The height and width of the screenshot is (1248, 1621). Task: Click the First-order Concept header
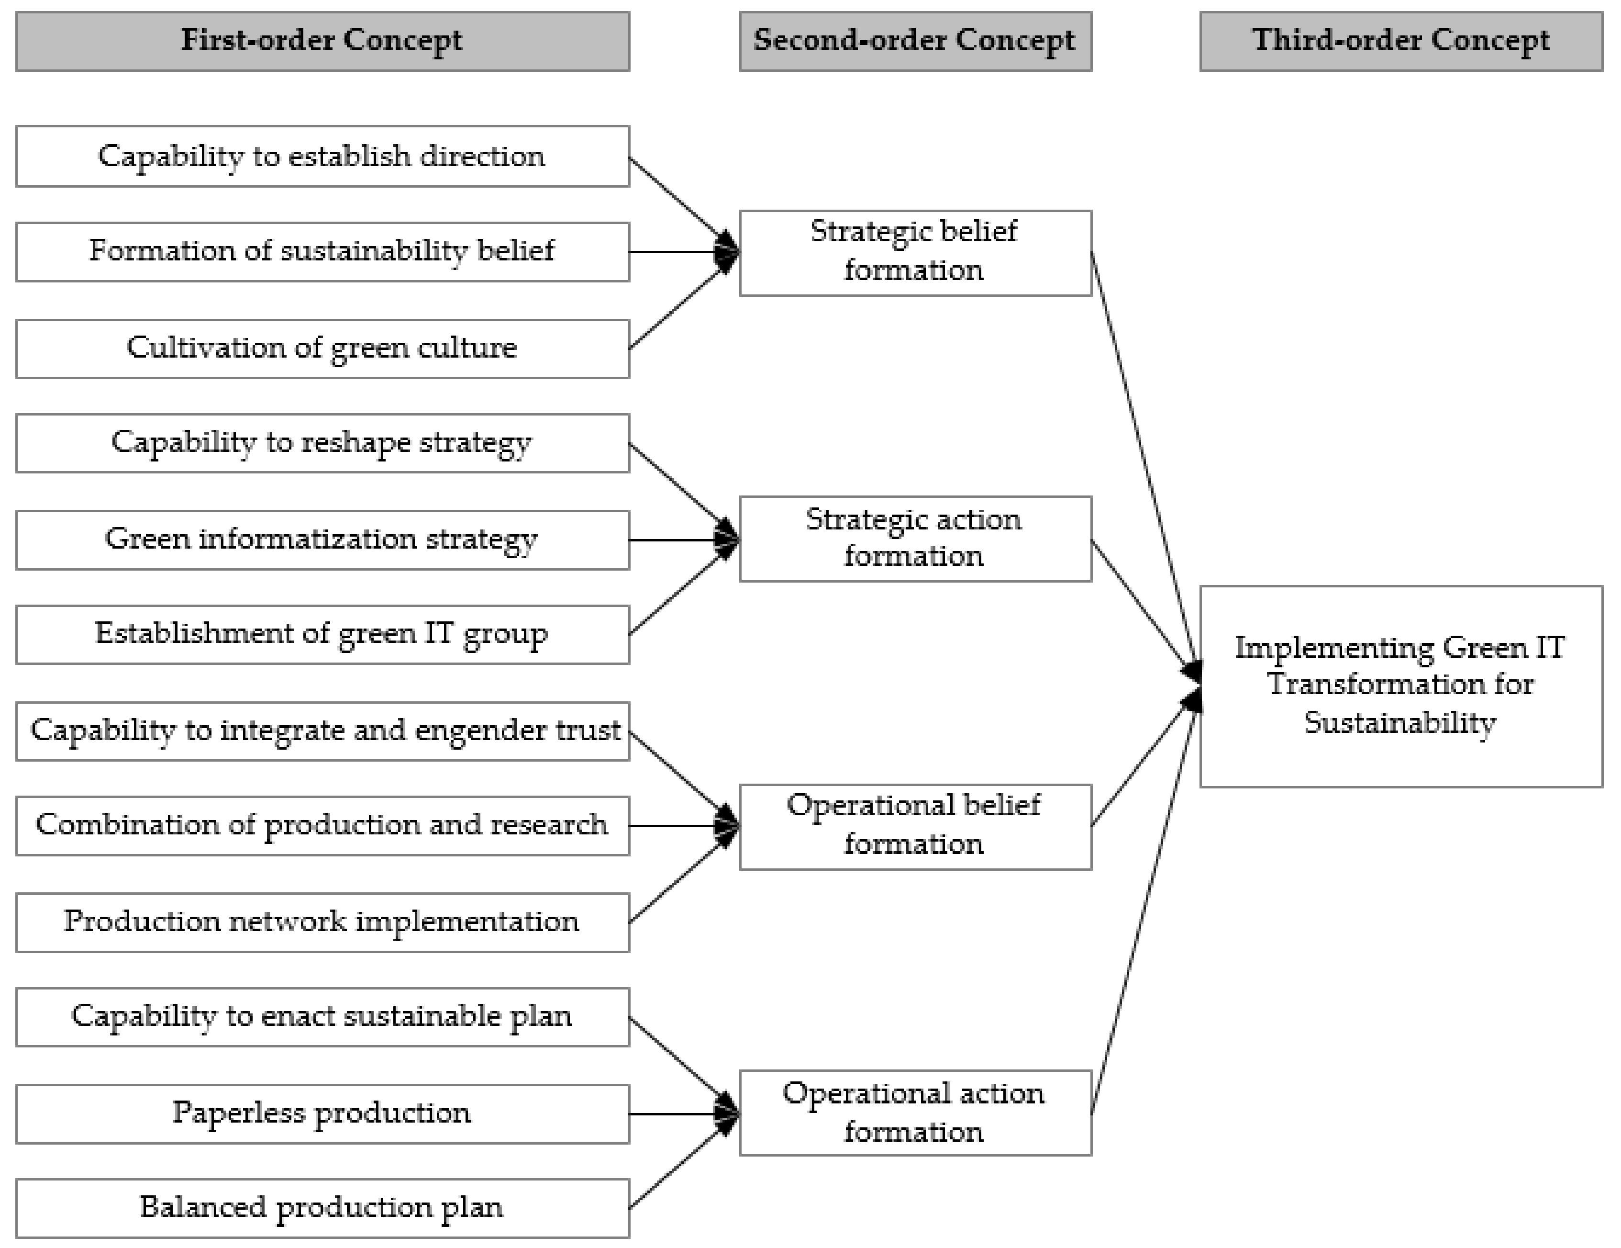(x=322, y=41)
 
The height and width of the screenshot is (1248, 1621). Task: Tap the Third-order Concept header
(x=1400, y=41)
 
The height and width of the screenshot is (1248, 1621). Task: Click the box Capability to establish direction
(x=322, y=156)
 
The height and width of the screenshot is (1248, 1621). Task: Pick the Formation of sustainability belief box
(x=322, y=252)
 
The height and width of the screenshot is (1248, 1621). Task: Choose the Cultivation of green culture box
(x=322, y=348)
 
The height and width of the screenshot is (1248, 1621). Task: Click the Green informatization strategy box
(x=322, y=540)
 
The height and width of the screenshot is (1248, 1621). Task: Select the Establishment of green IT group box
(x=322, y=634)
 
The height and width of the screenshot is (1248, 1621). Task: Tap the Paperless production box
(x=322, y=1113)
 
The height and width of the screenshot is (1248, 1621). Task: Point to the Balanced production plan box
(x=322, y=1208)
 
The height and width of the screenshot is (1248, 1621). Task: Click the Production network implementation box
(x=322, y=922)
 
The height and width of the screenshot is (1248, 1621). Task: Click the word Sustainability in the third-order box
(x=1400, y=723)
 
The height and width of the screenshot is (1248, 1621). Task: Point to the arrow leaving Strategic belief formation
(x=1143, y=461)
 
